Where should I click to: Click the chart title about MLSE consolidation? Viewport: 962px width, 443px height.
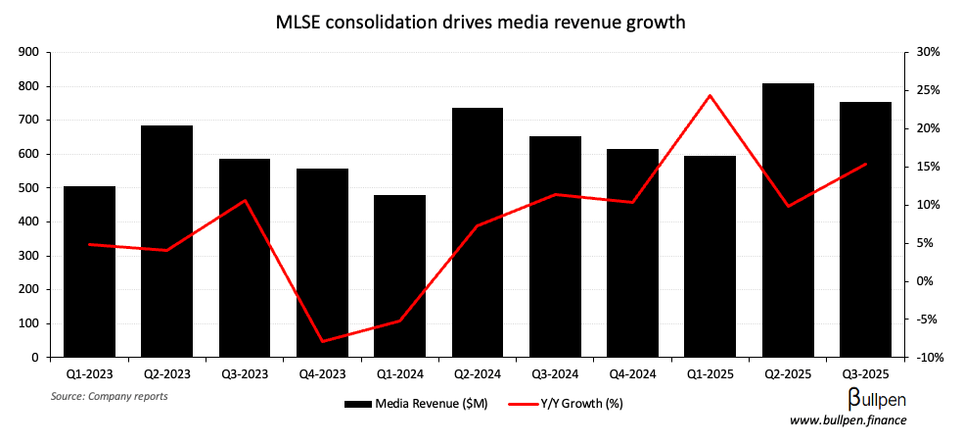481,22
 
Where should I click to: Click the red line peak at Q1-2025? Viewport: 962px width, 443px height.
710,96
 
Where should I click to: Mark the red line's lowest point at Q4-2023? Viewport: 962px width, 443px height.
322,342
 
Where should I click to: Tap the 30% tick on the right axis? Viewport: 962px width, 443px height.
928,52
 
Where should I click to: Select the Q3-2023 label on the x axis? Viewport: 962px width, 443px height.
245,374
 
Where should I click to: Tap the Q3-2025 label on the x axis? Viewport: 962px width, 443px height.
865,374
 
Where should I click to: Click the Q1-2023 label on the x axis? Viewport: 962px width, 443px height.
89,374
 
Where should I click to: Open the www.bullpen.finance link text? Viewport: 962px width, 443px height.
848,420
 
